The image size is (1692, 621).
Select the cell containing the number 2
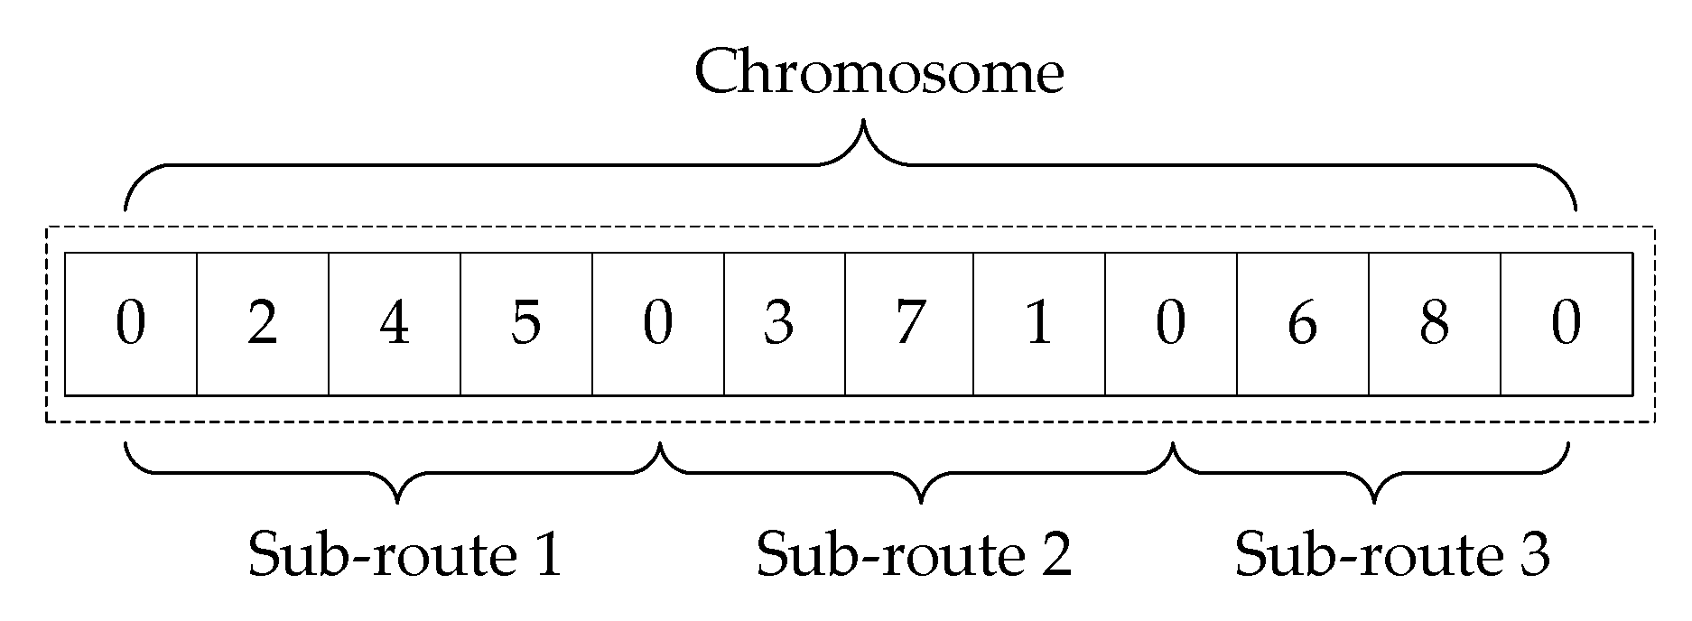click(262, 324)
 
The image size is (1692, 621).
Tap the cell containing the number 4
click(394, 324)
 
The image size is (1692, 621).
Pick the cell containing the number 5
click(525, 324)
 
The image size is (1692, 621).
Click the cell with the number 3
click(778, 324)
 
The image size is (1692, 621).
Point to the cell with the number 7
click(907, 324)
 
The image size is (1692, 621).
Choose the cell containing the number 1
click(1038, 324)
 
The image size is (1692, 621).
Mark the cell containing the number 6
click(1301, 324)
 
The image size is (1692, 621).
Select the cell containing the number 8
click(1434, 324)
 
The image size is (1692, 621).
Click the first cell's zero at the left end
click(131, 324)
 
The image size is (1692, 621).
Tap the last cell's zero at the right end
click(1566, 324)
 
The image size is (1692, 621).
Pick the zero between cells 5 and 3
click(657, 324)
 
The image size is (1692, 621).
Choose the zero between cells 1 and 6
click(1170, 324)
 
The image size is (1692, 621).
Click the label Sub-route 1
click(405, 553)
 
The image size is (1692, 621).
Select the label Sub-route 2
click(914, 553)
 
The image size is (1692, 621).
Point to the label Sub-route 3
click(1391, 553)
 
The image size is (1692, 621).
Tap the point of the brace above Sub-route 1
click(397, 499)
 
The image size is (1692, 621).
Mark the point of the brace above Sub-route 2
click(921, 499)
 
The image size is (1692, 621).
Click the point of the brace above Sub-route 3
click(1374, 499)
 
